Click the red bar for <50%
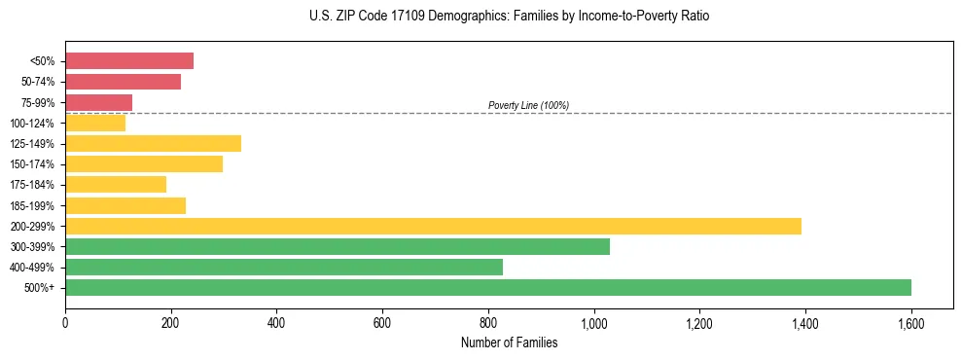point(129,61)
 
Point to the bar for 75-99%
point(98,102)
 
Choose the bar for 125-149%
point(153,144)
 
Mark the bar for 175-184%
point(116,185)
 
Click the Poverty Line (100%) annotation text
point(528,105)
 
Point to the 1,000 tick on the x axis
point(593,320)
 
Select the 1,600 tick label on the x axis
point(910,320)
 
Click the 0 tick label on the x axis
point(65,320)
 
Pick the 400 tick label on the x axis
point(276,320)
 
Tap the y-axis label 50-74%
point(38,82)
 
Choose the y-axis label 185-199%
point(34,205)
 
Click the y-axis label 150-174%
point(34,164)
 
